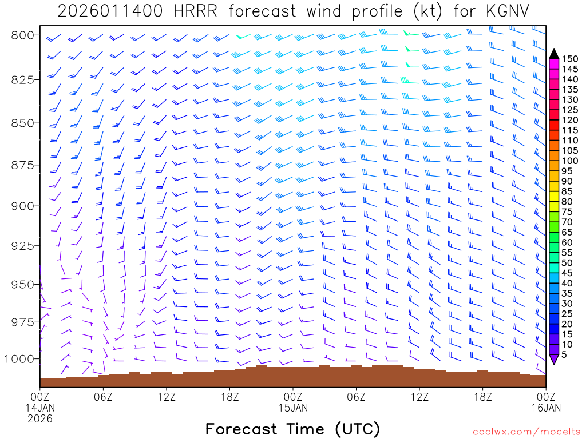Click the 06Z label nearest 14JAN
[x=103, y=396]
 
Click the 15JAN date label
[x=293, y=408]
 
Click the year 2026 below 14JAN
[x=40, y=418]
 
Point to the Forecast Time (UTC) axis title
[x=292, y=429]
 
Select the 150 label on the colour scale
[x=570, y=59]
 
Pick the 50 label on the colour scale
[x=567, y=263]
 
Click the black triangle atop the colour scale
[x=554, y=54]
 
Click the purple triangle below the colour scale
[x=554, y=360]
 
